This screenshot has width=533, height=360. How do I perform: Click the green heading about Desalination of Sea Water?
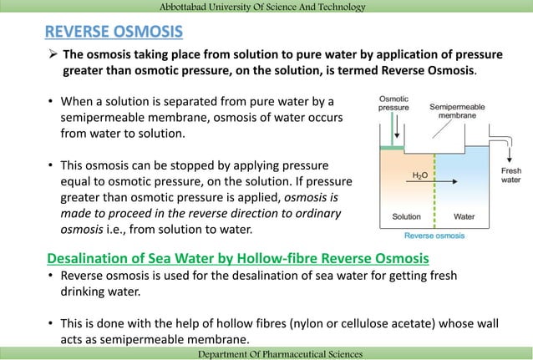(237, 257)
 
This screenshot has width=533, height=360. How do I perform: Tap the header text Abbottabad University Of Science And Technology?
(266, 8)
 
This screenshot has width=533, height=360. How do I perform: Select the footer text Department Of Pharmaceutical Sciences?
(266, 354)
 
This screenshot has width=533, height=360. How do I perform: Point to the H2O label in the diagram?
(423, 175)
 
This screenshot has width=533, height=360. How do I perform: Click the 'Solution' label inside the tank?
(407, 216)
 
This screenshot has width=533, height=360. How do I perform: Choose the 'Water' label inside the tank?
(464, 216)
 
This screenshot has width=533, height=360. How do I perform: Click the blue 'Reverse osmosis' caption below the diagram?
(434, 236)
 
